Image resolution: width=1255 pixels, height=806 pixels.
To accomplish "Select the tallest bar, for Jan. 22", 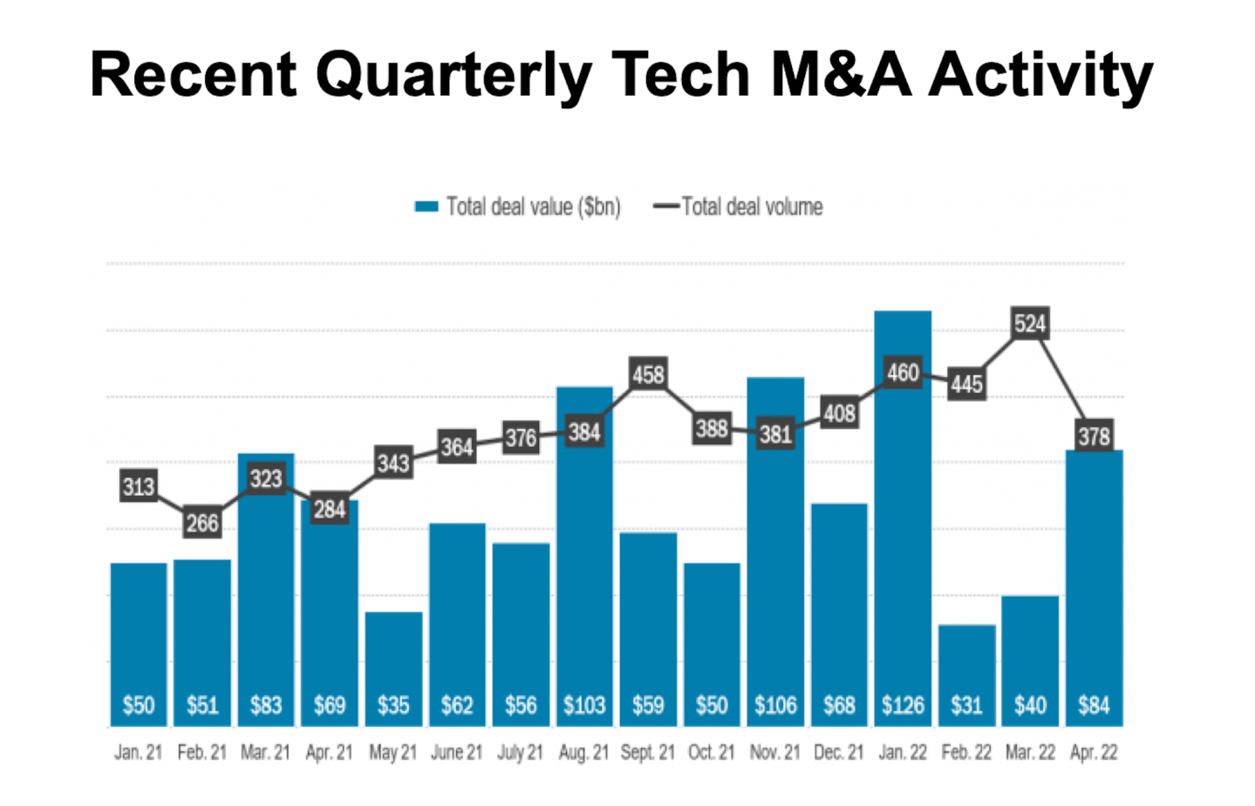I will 903,523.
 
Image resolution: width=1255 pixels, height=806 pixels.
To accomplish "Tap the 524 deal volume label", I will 1030,324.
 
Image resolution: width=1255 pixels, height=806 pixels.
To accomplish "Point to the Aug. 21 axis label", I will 583,753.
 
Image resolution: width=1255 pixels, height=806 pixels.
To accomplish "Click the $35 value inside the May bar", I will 393,705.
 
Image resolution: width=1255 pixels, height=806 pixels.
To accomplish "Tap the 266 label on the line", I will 202,523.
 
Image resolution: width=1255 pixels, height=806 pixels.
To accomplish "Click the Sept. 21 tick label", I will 647,753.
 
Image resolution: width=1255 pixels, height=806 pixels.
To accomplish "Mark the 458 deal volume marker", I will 648,375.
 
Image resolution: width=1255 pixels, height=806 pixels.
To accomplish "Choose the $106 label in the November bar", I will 775,705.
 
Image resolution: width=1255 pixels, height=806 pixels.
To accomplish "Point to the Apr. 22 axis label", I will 1094,753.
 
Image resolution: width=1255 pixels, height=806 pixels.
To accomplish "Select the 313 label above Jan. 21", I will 139,486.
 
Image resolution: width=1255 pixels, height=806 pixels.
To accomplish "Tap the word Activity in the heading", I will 1040,75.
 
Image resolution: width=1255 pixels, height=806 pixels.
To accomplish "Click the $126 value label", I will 903,705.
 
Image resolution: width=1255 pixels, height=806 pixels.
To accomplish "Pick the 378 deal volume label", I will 1094,436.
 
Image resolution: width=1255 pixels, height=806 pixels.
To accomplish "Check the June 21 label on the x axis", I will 456,753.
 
